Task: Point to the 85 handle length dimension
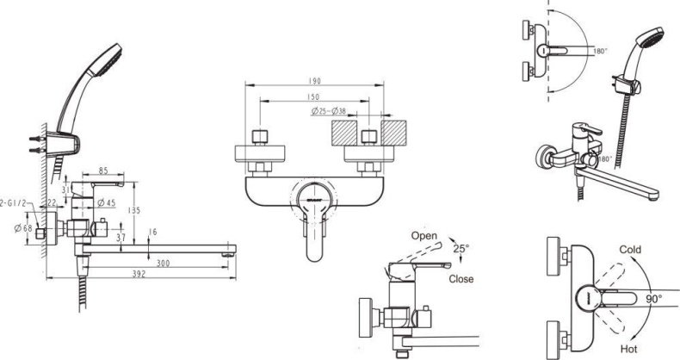pos(102,172)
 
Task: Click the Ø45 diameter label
pos(107,203)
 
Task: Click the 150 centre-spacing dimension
pos(315,97)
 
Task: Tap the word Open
pos(424,235)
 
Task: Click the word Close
pos(461,278)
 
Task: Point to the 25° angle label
pos(461,249)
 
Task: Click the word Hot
pos(628,348)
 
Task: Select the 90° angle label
pos(655,298)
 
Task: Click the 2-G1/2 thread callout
pos(15,204)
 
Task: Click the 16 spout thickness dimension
pos(153,232)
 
